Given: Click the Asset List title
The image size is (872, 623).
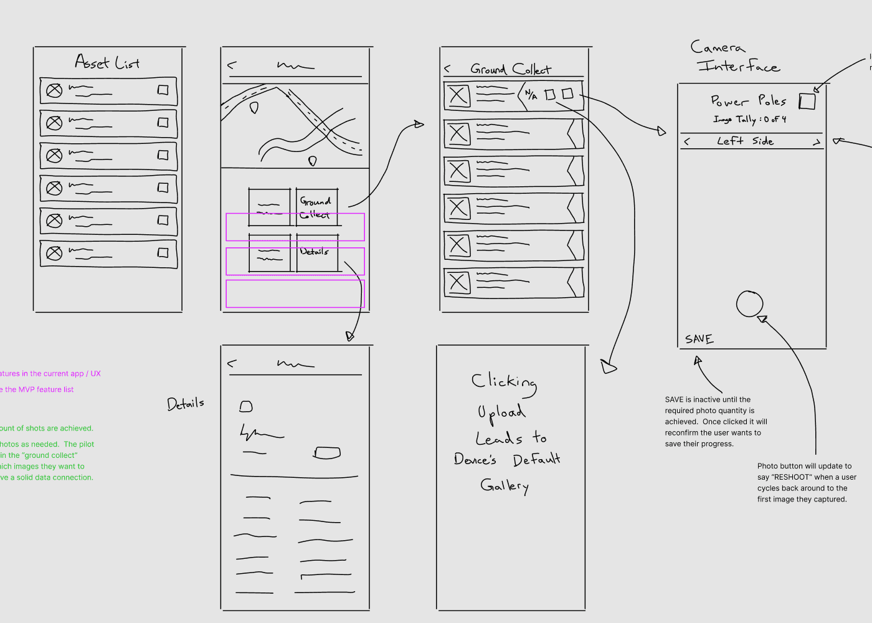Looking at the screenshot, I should click(107, 62).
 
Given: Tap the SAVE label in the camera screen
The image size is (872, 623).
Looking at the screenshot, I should click(699, 339).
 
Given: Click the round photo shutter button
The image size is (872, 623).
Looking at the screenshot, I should click(749, 304).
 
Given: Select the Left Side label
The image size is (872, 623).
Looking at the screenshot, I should click(745, 141).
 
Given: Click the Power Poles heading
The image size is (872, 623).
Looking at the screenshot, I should click(748, 100).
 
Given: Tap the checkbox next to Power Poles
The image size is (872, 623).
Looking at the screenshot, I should click(807, 101).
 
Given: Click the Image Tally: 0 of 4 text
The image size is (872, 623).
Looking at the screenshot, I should click(749, 119).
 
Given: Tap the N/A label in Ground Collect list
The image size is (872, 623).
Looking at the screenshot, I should click(531, 95).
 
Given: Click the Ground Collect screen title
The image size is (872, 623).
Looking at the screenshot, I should click(510, 69).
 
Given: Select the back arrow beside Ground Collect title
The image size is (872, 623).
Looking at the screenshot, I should click(447, 69).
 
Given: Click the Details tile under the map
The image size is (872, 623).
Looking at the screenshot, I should click(317, 253).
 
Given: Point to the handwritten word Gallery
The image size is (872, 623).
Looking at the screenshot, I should click(505, 485).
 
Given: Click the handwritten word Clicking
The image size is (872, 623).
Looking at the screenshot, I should click(504, 382).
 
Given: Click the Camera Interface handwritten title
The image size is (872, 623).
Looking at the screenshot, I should click(735, 57).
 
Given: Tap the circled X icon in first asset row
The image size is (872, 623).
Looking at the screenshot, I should click(55, 90).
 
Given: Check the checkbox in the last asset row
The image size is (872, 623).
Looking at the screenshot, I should click(163, 252).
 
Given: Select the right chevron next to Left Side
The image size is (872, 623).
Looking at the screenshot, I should click(816, 143).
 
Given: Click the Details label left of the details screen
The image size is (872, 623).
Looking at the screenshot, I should click(186, 404).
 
